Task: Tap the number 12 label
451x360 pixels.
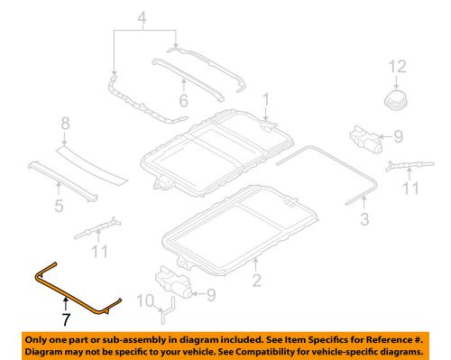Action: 398,68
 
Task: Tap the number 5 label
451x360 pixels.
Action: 60,206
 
